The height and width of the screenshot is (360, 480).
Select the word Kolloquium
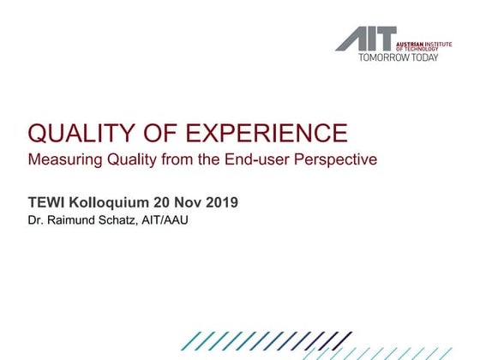[x=109, y=203]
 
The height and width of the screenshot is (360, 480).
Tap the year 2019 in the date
[x=220, y=203]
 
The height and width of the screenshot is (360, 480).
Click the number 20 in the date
[x=164, y=203]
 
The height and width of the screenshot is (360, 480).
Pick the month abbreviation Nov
[x=189, y=203]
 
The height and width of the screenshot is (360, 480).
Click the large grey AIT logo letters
[x=366, y=39]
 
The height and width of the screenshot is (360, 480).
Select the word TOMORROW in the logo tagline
[x=384, y=57]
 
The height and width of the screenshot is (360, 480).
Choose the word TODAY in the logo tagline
[x=425, y=57]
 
